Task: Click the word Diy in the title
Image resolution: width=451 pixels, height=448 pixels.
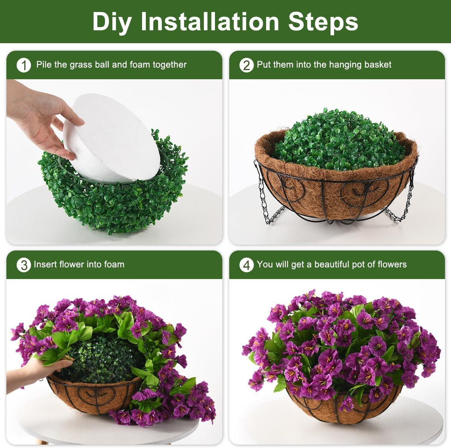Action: tap(112, 22)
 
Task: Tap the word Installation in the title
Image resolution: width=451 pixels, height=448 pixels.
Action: tap(209, 21)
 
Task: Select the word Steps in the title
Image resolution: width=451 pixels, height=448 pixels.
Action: tap(323, 22)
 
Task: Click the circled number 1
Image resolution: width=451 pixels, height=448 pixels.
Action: tap(24, 65)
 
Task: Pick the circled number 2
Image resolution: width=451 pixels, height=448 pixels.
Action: tap(247, 65)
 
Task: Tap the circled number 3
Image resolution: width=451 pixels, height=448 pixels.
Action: tap(24, 265)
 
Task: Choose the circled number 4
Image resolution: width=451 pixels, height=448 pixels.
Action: tap(247, 265)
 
